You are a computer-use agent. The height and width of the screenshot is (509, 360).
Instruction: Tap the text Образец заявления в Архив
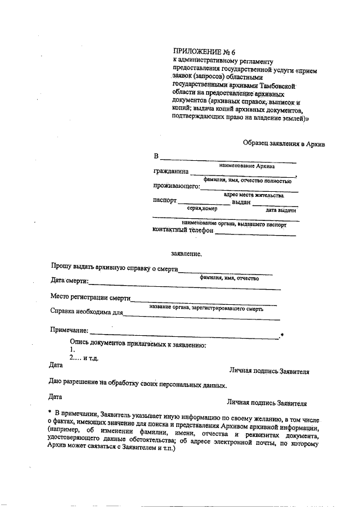click(284, 144)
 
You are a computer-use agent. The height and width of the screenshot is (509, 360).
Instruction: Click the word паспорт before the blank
click(165, 200)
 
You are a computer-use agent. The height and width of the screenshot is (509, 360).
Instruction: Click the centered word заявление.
click(186, 254)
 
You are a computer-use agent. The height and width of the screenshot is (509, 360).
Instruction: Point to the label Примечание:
click(70, 329)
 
